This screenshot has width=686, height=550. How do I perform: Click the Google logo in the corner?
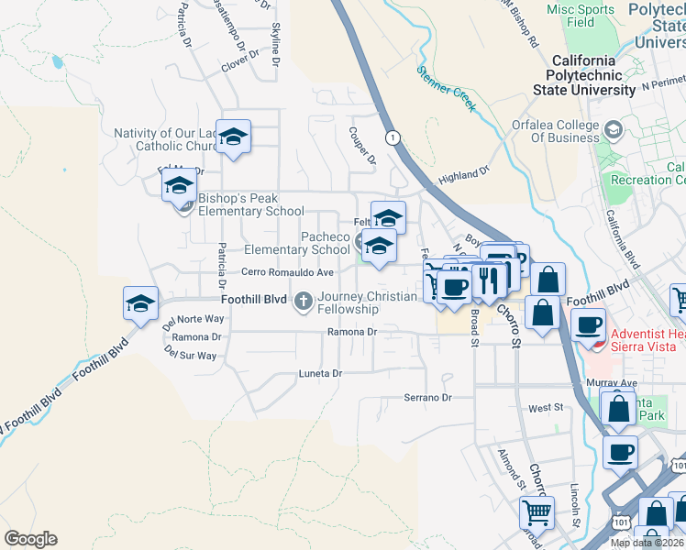pyautogui.click(x=30, y=539)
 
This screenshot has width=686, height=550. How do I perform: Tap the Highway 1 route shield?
pyautogui.click(x=393, y=137)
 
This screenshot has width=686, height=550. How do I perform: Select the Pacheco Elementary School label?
pyautogui.click(x=297, y=243)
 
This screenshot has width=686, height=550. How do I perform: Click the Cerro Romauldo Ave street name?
pyautogui.click(x=287, y=272)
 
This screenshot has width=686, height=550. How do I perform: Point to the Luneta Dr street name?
pyautogui.click(x=320, y=374)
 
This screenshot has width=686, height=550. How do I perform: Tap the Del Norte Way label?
pyautogui.click(x=194, y=320)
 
